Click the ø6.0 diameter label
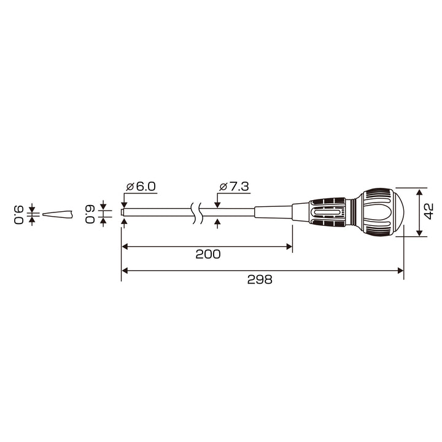click(141, 187)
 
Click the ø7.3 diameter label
click(234, 187)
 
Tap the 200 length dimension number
click(208, 254)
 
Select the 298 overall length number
click(260, 280)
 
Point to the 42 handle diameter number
click(428, 211)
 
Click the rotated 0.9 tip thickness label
click(19, 214)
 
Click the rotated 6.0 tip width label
click(90, 214)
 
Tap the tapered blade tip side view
click(58, 214)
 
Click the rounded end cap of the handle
click(398, 212)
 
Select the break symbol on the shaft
click(196, 213)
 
